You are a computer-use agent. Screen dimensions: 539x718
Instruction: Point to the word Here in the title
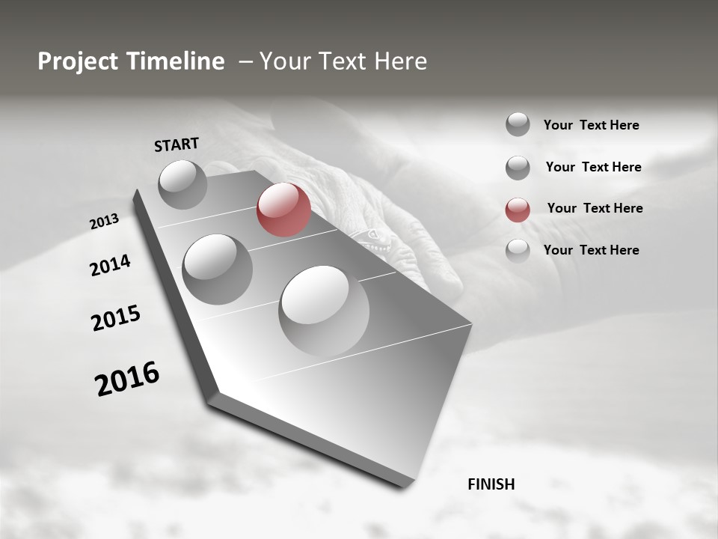[398, 61]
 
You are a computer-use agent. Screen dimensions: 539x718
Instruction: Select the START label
[177, 144]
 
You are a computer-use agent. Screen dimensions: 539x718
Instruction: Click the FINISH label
[491, 484]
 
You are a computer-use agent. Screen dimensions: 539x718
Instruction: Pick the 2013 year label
[104, 222]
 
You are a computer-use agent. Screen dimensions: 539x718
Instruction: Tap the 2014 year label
[110, 265]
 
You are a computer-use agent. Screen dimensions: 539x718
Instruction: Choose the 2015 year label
[115, 318]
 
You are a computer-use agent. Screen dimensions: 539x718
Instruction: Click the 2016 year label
[127, 378]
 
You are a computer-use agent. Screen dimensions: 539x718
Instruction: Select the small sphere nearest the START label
[182, 184]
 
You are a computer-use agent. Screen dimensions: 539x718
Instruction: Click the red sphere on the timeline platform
[283, 210]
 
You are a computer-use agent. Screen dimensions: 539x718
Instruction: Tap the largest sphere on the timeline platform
[324, 311]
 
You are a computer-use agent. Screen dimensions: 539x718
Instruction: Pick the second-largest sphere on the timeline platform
[218, 269]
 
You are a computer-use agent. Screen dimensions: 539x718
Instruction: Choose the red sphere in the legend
[518, 210]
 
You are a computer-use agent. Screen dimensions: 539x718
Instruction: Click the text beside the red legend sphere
[595, 208]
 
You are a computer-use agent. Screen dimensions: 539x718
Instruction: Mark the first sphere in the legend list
[518, 124]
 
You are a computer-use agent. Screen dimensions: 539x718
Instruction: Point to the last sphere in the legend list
[518, 251]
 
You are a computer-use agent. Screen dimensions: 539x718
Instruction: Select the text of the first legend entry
[591, 125]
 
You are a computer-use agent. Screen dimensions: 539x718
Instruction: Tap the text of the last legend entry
[591, 250]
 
